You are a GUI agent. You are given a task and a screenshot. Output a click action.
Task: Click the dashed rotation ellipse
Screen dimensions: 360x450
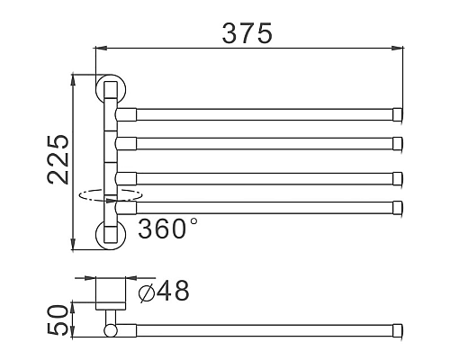pyautogui.click(x=110, y=194)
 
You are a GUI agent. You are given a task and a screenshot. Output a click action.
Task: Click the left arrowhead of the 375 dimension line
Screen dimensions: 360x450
pyautogui.click(x=99, y=51)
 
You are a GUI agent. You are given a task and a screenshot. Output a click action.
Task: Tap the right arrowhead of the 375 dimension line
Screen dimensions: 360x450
pyautogui.click(x=398, y=51)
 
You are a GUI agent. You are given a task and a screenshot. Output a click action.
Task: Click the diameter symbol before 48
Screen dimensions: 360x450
pyautogui.click(x=146, y=291)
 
